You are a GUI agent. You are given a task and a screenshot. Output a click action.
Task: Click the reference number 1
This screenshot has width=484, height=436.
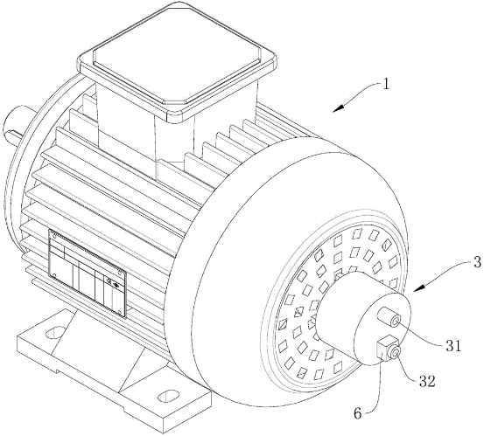coord(386,84)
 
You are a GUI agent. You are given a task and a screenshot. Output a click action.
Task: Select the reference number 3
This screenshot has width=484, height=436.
coord(477,262)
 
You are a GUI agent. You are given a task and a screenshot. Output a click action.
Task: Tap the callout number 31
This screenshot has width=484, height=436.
coord(452,346)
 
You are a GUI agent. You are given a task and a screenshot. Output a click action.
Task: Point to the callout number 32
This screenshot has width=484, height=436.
coord(427,381)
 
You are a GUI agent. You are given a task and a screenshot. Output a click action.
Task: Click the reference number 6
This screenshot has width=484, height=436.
coord(357,413)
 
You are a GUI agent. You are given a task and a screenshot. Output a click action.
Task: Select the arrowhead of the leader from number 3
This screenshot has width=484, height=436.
coord(418,288)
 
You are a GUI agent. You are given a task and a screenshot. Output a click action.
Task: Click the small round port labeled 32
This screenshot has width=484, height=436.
coord(396,352)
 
